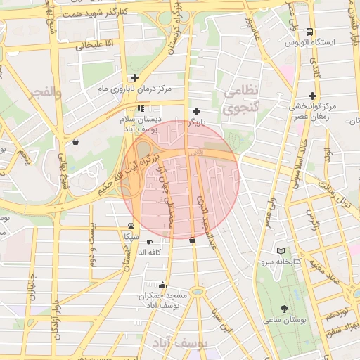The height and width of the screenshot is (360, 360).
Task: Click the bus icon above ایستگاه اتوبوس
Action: [310, 32]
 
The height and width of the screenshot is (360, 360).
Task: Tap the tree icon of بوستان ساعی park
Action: [284, 309]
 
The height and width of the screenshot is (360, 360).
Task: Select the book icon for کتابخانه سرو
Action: [281, 251]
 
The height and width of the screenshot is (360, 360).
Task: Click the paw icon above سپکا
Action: [131, 226]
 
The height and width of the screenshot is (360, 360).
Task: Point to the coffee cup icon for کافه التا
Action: [149, 242]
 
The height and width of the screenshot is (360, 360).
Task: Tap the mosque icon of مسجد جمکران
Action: [163, 285]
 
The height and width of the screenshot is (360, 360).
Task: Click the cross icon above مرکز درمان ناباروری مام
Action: [134, 78]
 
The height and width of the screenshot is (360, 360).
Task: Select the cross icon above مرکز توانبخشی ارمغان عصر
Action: [312, 95]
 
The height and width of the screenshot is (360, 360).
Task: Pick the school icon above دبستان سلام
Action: [141, 109]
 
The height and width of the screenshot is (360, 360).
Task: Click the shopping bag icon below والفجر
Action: [75, 141]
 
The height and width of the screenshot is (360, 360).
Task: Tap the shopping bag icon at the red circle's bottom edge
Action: [192, 240]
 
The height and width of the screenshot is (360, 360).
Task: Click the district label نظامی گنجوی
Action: [241, 101]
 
